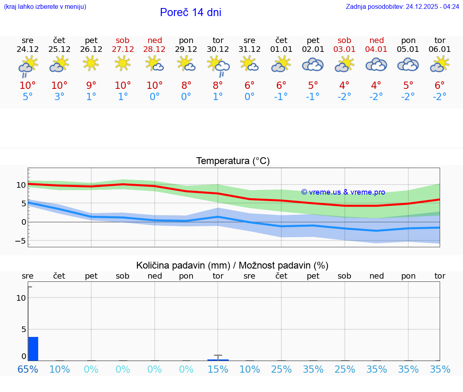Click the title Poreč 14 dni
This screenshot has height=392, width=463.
pyautogui.click(x=191, y=12)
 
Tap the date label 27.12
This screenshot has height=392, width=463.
pyautogui.click(x=123, y=49)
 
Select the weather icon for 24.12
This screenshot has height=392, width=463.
pyautogui.click(x=28, y=66)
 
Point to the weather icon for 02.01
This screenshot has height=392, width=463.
pyautogui.click(x=313, y=65)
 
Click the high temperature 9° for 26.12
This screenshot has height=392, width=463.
pyautogui.click(x=91, y=86)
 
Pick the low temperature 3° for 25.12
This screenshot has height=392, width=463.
pyautogui.click(x=59, y=97)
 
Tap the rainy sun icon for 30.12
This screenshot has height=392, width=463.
pyautogui.click(x=218, y=66)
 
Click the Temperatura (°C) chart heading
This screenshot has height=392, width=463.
pyautogui.click(x=233, y=161)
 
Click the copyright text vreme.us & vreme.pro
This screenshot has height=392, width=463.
pyautogui.click(x=343, y=192)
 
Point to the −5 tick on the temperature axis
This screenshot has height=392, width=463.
pyautogui.click(x=21, y=241)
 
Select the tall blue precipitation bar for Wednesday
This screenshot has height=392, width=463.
pyautogui.click(x=33, y=349)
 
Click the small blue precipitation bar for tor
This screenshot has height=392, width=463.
pyautogui.click(x=218, y=359)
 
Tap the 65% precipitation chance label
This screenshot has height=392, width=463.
pyautogui.click(x=28, y=369)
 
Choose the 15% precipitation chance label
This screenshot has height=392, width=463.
pyautogui.click(x=218, y=369)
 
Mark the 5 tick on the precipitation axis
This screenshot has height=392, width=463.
pyautogui.click(x=23, y=329)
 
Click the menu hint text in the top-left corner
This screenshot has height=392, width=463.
pyautogui.click(x=45, y=7)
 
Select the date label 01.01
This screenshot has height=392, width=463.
pyautogui.click(x=281, y=49)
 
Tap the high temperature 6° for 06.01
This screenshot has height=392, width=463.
pyautogui.click(x=440, y=86)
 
